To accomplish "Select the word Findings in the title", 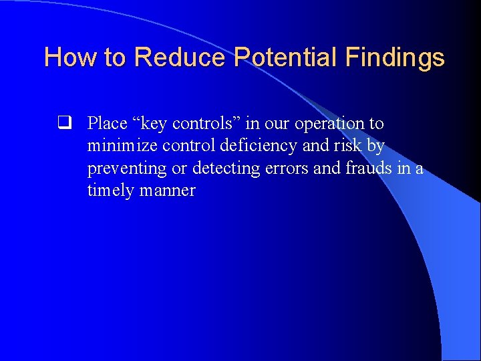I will pos(395,57).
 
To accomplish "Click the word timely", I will pos(110,191).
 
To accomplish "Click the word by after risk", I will pos(376,146).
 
